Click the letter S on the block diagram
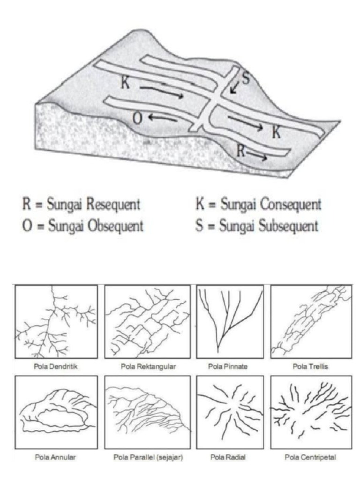point(245,77)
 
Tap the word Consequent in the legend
point(291,205)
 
